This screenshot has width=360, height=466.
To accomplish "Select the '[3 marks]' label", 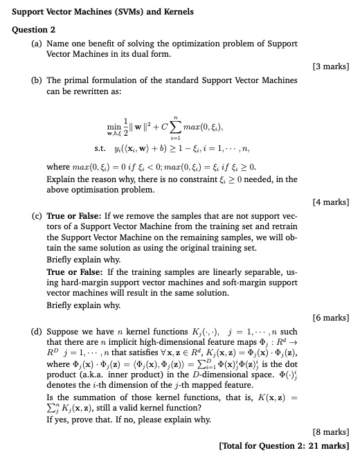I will tap(331, 66).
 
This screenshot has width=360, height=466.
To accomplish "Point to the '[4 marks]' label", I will tap(331, 202).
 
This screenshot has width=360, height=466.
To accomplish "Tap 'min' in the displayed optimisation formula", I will tap(114, 127).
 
